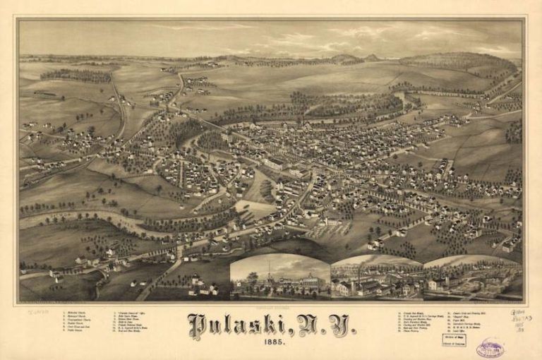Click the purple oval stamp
point(490,347)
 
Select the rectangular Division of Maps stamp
point(454,340)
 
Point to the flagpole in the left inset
point(268,272)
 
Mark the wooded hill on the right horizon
point(459,62)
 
